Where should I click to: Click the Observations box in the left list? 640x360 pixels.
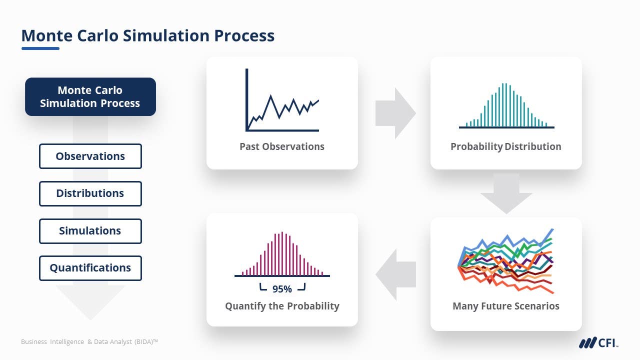[90, 156]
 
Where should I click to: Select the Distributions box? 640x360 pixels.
[90, 193]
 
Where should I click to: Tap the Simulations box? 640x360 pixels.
[90, 231]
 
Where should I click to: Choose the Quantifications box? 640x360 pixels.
[90, 268]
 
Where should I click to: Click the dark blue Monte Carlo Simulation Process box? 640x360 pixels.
[90, 96]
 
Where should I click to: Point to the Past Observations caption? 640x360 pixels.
[282, 146]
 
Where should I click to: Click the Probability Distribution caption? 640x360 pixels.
[505, 146]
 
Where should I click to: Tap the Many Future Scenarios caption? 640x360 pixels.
[505, 306]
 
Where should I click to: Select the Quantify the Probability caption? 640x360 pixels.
[282, 306]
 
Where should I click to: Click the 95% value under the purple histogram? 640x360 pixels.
[282, 289]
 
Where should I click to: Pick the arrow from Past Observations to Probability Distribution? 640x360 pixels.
[395, 113]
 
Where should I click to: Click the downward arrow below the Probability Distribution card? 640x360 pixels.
[506, 193]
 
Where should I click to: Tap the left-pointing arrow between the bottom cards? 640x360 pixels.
[395, 274]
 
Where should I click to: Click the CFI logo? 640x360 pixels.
[598, 342]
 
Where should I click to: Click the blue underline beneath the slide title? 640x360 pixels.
[40, 48]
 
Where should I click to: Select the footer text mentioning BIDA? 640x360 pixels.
[89, 341]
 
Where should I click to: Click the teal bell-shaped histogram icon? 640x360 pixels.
[506, 105]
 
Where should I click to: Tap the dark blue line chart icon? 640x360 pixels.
[282, 100]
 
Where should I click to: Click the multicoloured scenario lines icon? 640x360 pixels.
[506, 261]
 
